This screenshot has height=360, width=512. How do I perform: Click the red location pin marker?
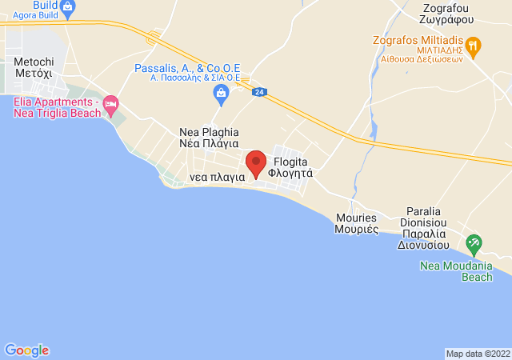(x=256, y=163)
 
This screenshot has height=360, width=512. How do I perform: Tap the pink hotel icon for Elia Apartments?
(x=111, y=105)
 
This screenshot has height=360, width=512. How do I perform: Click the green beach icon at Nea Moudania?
(x=474, y=242)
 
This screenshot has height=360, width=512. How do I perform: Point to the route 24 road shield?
(x=258, y=92)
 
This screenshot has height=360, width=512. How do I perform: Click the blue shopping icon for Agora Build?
(x=67, y=8)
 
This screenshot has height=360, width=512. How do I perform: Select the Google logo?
(x=26, y=350)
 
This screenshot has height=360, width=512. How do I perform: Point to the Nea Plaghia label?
(x=209, y=138)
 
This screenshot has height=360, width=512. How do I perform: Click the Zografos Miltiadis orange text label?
(x=421, y=46)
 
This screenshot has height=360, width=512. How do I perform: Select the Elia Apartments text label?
(x=55, y=107)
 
